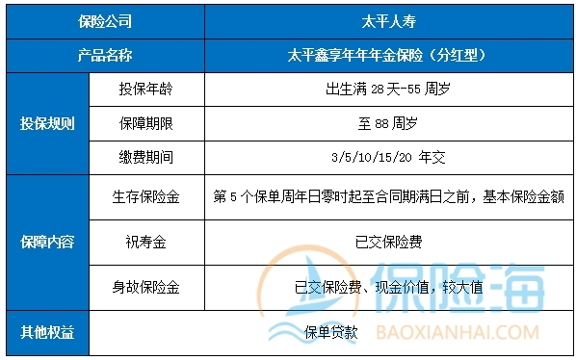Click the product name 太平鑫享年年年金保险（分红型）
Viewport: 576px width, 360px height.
(385, 55)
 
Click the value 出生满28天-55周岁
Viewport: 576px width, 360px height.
(385, 90)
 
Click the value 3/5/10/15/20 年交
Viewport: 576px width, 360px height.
(385, 157)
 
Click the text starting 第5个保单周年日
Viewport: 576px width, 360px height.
(387, 196)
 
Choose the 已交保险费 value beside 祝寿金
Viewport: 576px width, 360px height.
(385, 242)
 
